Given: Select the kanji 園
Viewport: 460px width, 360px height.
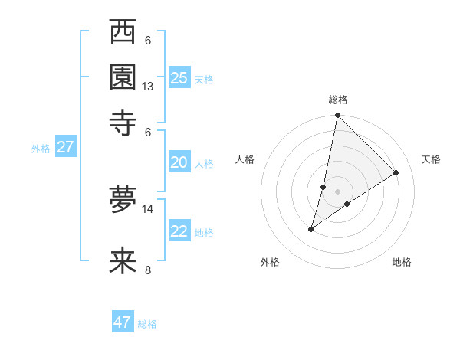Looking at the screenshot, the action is tap(123, 77).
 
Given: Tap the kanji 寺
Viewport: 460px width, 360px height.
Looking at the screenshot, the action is tap(123, 122).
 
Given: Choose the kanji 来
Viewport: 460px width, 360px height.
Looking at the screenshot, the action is tap(123, 260).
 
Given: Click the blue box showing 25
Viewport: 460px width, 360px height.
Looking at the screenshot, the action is tap(179, 78).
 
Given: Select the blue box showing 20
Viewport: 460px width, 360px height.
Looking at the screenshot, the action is tap(179, 162).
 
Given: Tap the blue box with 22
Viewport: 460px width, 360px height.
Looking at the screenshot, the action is tap(179, 231).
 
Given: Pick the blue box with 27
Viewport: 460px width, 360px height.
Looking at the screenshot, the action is tap(65, 147).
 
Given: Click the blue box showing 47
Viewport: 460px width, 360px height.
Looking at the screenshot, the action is tap(123, 322).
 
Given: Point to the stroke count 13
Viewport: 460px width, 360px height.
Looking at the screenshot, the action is tap(148, 87).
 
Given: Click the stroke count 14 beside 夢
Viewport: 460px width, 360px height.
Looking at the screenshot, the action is tap(148, 208).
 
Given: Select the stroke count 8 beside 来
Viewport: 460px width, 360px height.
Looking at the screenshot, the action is tap(148, 270).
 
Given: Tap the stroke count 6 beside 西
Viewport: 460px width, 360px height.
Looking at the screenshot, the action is tap(148, 41).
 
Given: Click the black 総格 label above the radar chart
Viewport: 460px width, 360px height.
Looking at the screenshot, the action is tap(337, 100).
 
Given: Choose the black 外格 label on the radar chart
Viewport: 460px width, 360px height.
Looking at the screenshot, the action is tap(270, 262).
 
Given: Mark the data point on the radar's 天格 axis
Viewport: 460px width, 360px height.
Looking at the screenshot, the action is tap(396, 173).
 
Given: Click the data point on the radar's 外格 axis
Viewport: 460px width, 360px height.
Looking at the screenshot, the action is tap(311, 229).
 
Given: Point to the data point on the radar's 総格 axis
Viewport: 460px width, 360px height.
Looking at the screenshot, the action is tap(337, 116).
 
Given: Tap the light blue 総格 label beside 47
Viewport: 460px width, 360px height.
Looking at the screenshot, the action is tap(147, 324).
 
